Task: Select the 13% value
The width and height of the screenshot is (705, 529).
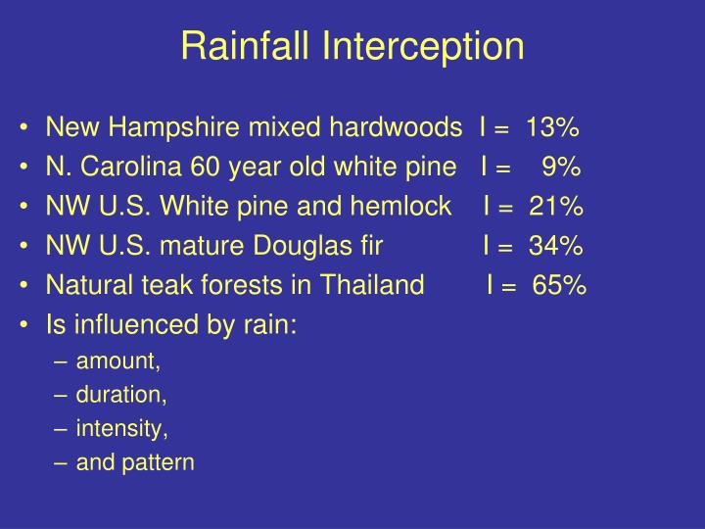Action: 552,128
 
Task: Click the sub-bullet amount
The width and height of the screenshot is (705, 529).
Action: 117,361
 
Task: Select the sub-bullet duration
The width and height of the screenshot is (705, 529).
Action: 121,395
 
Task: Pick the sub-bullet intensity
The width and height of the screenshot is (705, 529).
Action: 122,428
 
